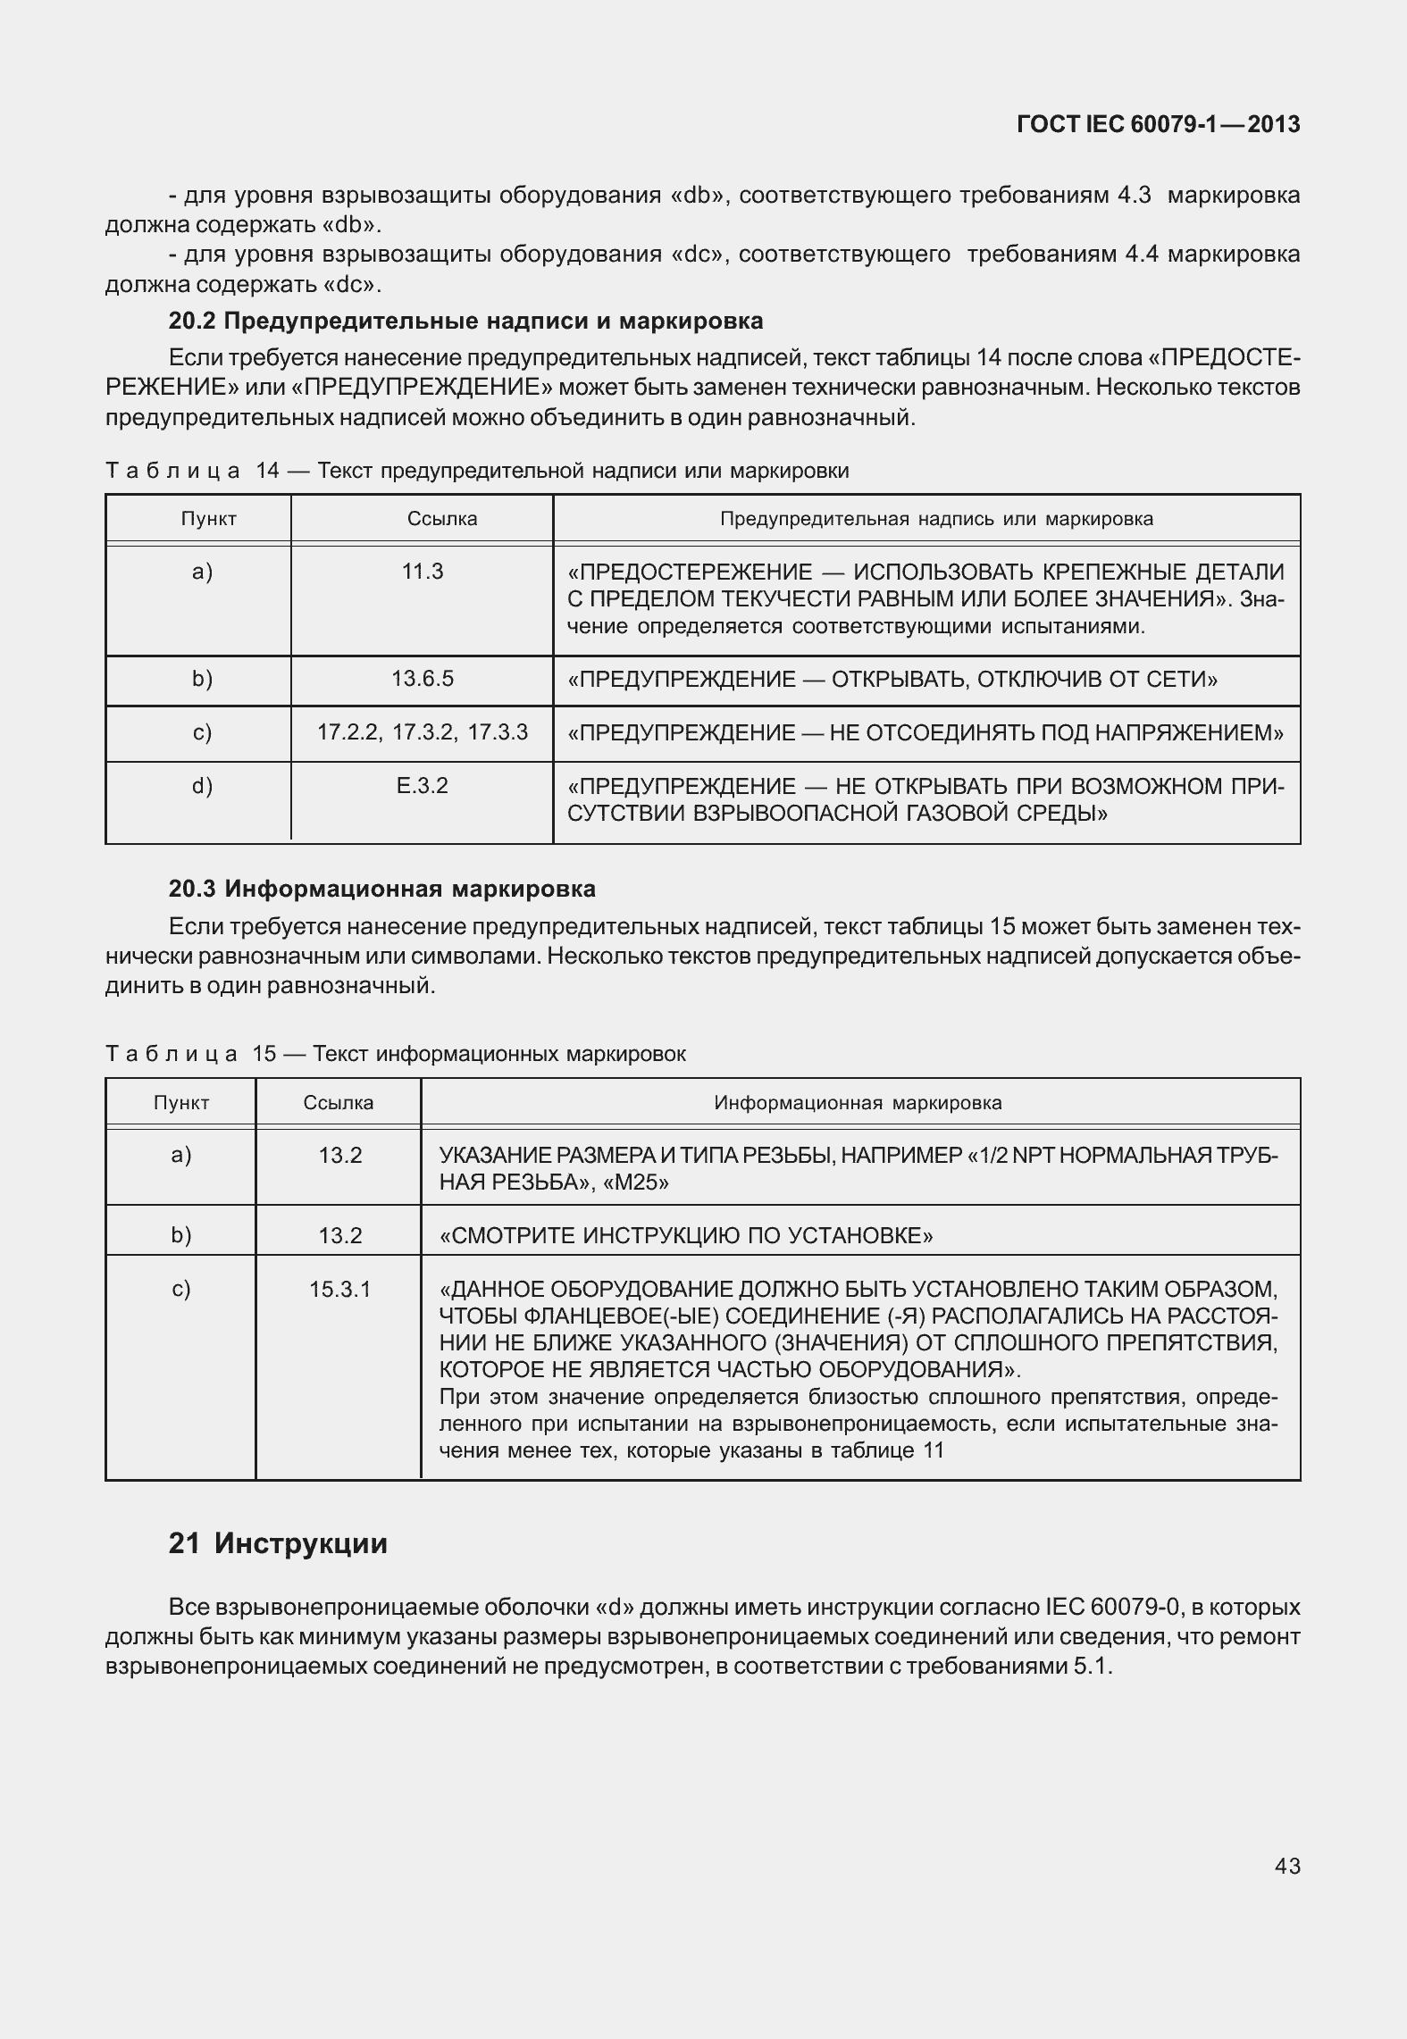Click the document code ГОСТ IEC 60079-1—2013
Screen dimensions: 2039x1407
click(1158, 124)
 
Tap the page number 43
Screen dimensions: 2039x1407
click(1287, 1866)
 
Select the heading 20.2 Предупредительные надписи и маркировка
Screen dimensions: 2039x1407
click(465, 321)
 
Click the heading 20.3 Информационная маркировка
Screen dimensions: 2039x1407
click(381, 889)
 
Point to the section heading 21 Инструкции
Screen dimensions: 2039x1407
click(278, 1543)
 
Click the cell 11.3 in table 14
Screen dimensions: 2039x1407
click(423, 572)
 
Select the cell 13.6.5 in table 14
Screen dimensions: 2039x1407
click(423, 679)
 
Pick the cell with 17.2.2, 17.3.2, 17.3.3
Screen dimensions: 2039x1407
click(423, 732)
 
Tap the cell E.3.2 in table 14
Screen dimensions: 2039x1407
click(423, 786)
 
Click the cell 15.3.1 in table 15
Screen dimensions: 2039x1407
click(339, 1289)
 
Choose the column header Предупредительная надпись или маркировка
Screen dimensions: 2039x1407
click(936, 519)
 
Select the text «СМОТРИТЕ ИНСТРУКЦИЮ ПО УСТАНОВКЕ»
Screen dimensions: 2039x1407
click(686, 1235)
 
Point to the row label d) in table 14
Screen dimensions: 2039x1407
click(202, 786)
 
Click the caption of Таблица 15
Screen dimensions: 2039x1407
click(396, 1054)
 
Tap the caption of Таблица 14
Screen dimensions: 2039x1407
click(477, 471)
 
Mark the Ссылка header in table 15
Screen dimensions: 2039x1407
click(339, 1103)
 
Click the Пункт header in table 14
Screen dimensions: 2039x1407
click(209, 519)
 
